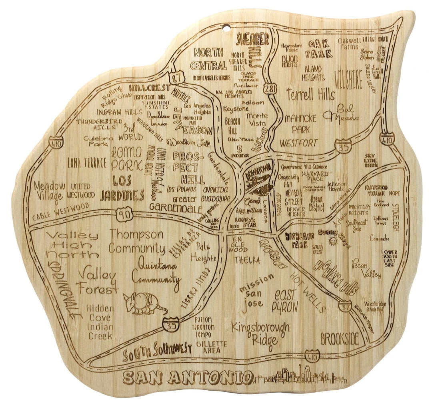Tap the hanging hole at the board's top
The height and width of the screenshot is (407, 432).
(228, 28)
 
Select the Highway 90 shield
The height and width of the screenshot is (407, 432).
(123, 215)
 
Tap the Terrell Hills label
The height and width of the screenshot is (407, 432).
(310, 95)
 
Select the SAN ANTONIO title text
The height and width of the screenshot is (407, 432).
(187, 377)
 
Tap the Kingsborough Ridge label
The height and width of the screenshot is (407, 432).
(260, 333)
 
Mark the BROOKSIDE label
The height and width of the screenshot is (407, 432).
(340, 339)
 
